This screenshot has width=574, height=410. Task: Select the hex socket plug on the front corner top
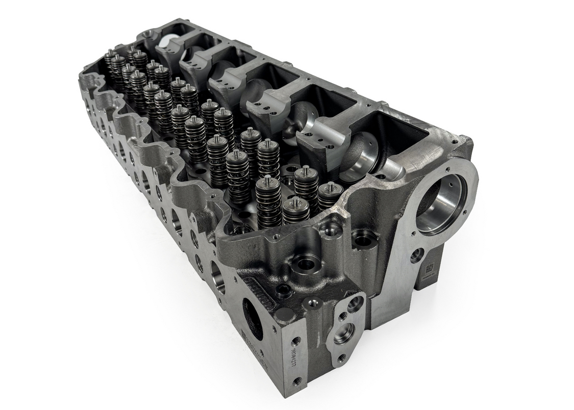(284, 293)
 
